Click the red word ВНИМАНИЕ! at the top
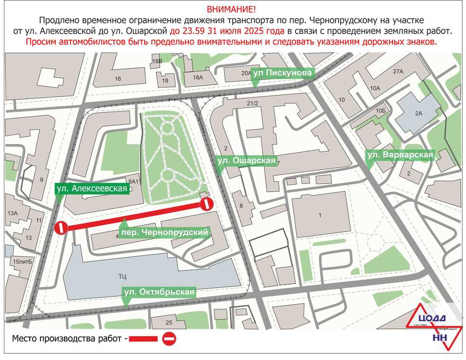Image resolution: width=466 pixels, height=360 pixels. click(x=231, y=9)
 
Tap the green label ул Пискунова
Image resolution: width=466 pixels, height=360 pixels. click(x=282, y=72)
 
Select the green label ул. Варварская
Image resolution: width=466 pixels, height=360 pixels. click(x=400, y=155)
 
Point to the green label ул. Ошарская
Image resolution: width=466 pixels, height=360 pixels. click(x=246, y=161)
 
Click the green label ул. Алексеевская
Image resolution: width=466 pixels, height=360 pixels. click(x=92, y=188)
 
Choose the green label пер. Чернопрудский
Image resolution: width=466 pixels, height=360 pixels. click(x=166, y=233)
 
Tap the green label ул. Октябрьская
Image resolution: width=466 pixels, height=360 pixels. click(x=159, y=292)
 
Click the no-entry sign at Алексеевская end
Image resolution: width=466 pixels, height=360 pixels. click(x=61, y=228)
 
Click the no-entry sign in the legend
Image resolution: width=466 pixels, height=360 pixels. click(x=169, y=339)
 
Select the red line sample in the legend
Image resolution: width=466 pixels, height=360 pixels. click(x=144, y=339)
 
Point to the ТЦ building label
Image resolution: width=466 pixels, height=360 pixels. click(x=122, y=276)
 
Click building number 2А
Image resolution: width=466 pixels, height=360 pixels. click(x=419, y=113)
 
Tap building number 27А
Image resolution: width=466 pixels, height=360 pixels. click(x=398, y=72)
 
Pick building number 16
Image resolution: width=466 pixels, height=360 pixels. click(x=118, y=78)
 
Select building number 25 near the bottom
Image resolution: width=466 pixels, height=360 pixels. click(x=169, y=323)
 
